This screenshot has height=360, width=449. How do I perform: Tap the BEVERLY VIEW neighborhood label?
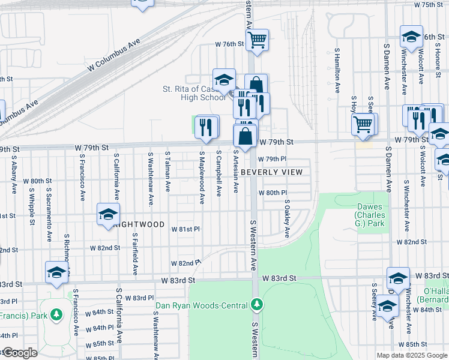point(277,172)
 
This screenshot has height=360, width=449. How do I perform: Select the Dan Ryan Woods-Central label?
point(202,305)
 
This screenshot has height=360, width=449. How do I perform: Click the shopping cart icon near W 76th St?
point(257,40)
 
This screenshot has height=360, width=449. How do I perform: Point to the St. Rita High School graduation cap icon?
point(224,79)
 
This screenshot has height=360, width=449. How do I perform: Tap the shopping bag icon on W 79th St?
point(246,136)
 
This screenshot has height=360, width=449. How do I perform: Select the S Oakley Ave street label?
point(288,218)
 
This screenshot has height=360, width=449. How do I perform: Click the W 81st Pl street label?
point(185,229)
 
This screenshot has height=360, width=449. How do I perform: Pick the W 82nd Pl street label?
point(185,263)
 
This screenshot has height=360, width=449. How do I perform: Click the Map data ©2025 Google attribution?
point(412,355)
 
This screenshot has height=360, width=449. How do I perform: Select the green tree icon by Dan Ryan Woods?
point(256,305)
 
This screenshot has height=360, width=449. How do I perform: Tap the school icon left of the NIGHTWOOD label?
point(109,214)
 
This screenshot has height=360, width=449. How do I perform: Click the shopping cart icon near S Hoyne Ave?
point(364,124)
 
